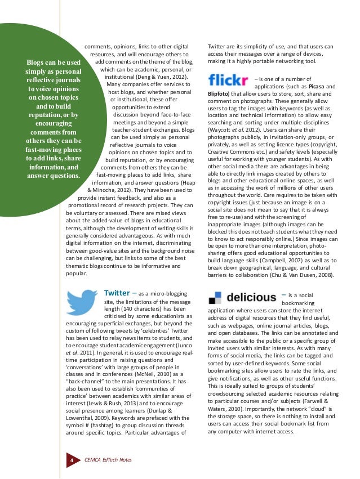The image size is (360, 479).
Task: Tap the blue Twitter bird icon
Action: click(83, 303)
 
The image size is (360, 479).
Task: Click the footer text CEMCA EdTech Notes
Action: click(108, 460)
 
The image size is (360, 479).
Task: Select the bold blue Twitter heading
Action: click(117, 293)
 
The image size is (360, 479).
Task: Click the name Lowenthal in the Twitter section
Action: click(83, 417)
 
